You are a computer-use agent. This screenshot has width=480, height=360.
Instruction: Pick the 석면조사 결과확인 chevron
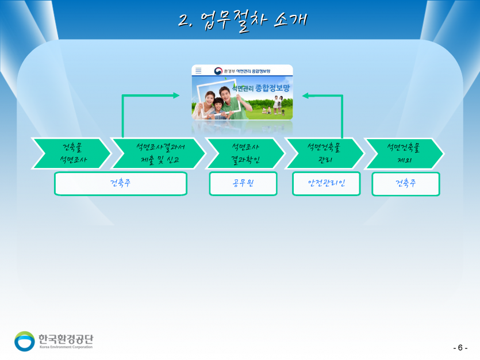(245, 154)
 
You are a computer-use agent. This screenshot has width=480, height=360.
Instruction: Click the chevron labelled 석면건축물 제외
(404, 154)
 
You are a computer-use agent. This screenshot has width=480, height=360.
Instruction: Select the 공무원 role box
(243, 184)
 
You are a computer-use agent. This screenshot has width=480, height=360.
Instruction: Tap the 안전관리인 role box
(326, 184)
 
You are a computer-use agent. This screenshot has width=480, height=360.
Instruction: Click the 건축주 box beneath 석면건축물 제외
(406, 184)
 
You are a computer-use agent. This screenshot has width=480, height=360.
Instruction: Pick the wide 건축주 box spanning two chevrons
(121, 184)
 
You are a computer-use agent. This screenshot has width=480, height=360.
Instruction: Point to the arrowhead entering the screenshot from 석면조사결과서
(176, 95)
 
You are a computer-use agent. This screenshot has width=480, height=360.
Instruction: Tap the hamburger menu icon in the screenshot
(198, 71)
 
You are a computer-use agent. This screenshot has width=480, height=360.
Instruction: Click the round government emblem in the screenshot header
(218, 71)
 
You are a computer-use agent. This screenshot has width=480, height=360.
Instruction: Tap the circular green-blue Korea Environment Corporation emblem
(25, 340)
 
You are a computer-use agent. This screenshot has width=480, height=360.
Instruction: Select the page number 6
(460, 348)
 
